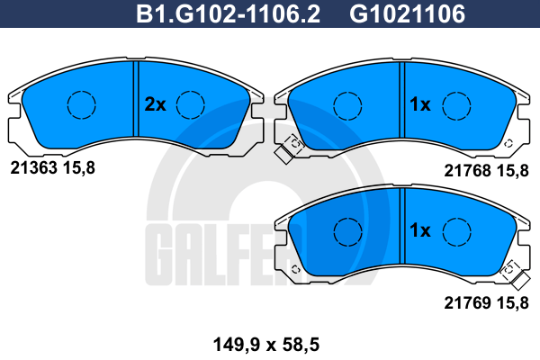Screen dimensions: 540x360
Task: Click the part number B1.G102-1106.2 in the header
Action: tap(228, 13)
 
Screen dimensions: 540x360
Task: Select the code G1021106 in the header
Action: tap(408, 13)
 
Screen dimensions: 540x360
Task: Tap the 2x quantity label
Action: tap(155, 104)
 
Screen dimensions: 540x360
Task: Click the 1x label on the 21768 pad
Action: tap(419, 104)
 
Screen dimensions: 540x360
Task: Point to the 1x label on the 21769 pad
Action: tap(419, 230)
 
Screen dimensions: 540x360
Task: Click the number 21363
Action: tap(34, 168)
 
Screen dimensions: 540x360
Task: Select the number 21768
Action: tap(467, 170)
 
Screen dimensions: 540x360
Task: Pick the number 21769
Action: tap(467, 303)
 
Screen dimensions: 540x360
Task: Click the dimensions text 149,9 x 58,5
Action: tap(266, 345)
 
